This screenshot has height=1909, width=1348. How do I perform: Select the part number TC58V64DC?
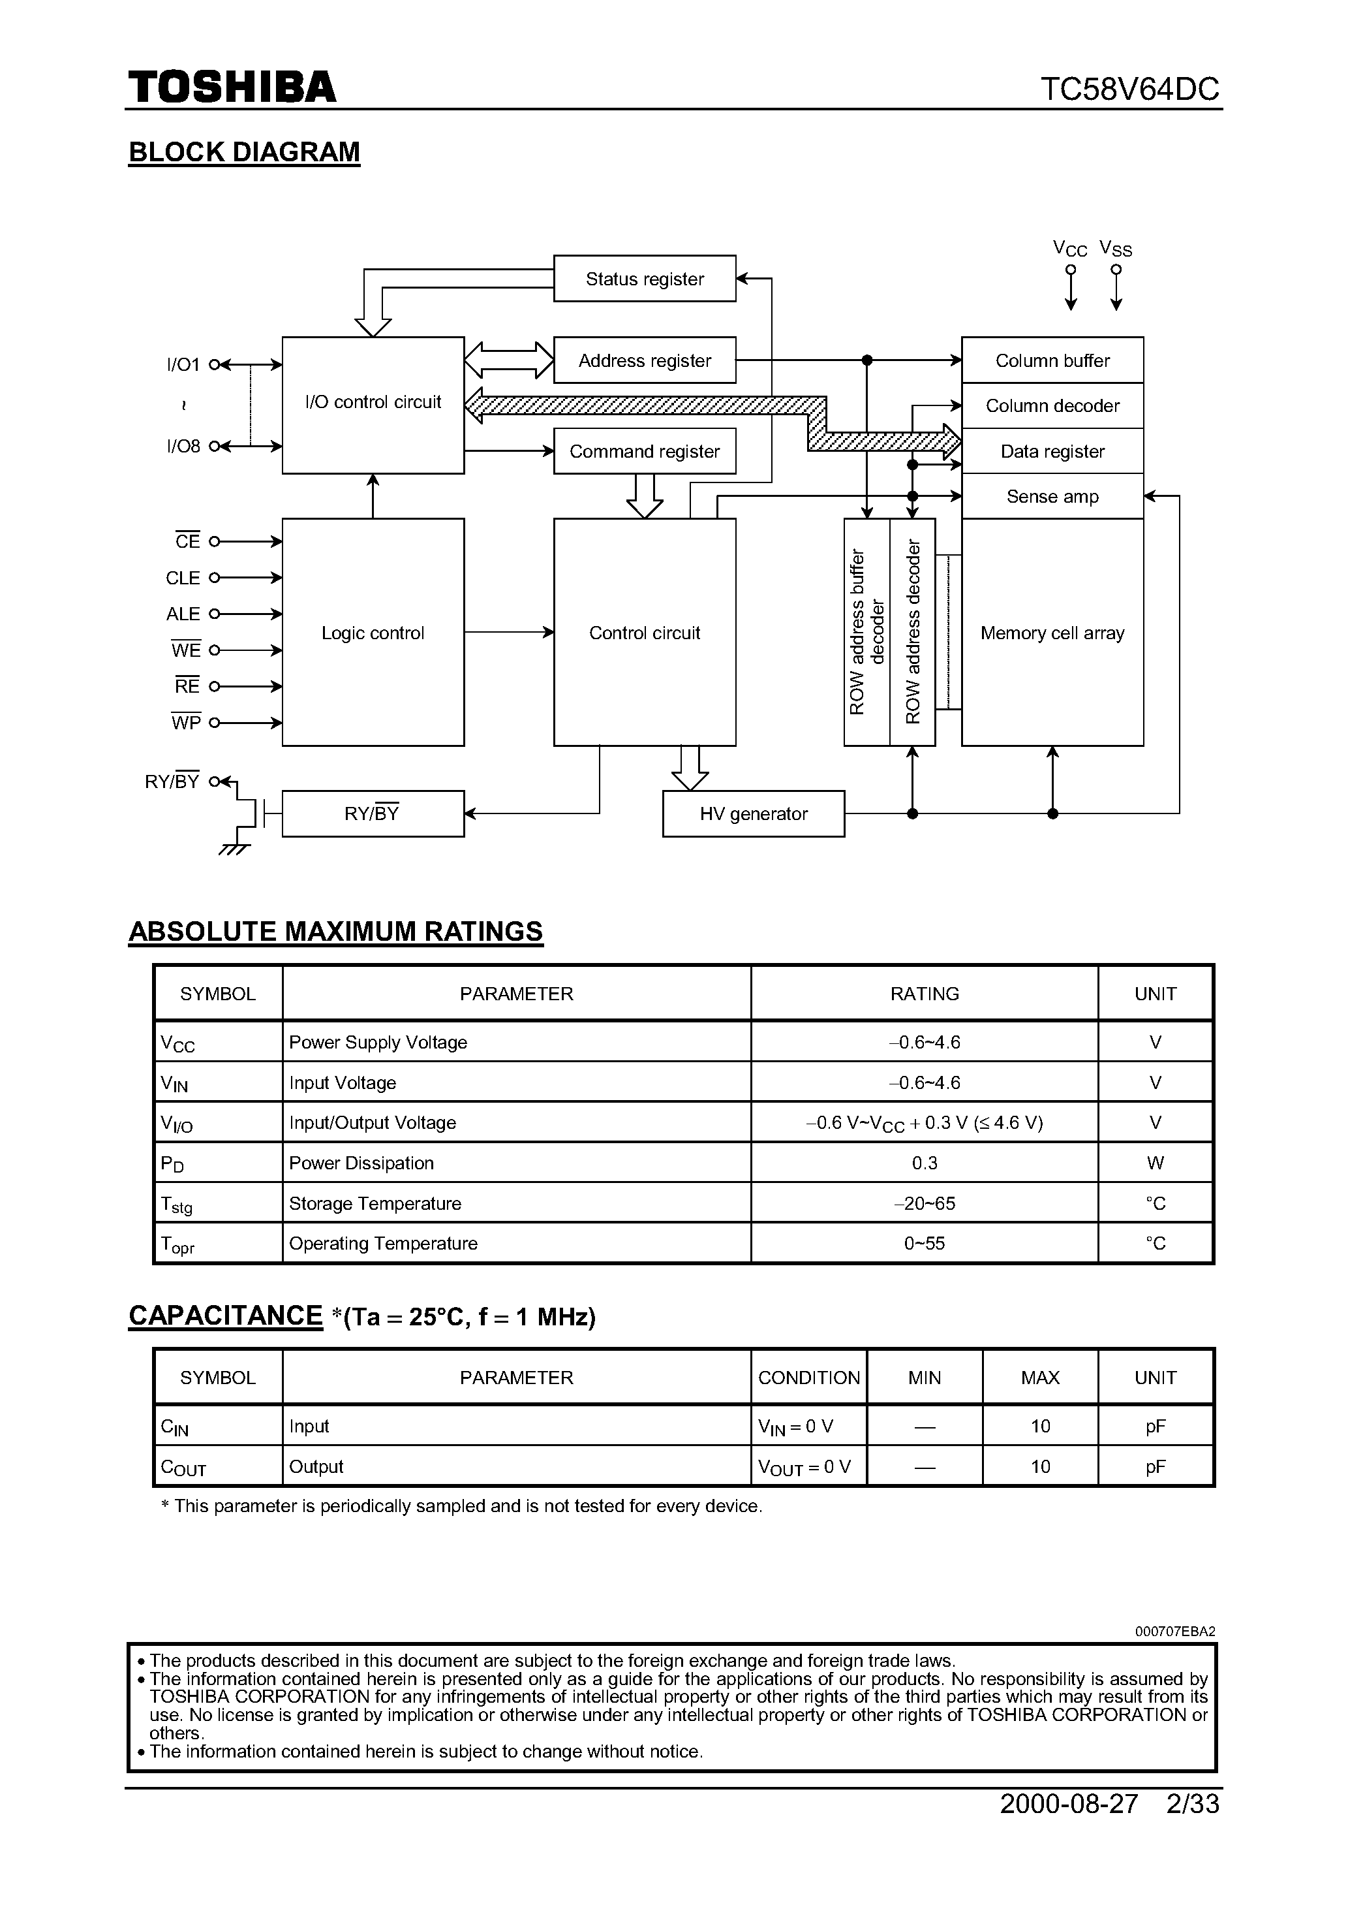click(x=1129, y=89)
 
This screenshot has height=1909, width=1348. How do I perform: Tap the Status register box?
click(x=644, y=279)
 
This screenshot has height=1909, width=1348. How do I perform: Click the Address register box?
click(x=644, y=360)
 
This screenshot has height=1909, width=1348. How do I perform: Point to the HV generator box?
click(x=753, y=813)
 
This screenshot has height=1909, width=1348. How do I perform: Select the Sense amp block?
click(x=1052, y=496)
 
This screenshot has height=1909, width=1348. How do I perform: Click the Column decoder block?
click(x=1052, y=405)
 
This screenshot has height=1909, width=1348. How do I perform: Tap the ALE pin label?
click(x=183, y=614)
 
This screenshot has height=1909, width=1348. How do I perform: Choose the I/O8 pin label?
click(x=183, y=447)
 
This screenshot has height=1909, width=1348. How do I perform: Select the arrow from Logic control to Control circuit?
click(x=509, y=632)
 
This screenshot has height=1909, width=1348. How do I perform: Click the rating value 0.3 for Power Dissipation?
click(x=924, y=1162)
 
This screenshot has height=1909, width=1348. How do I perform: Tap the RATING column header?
click(x=924, y=994)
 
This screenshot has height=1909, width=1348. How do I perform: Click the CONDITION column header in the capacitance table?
click(x=808, y=1378)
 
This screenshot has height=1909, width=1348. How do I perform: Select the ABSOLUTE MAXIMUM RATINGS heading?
click(x=336, y=931)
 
